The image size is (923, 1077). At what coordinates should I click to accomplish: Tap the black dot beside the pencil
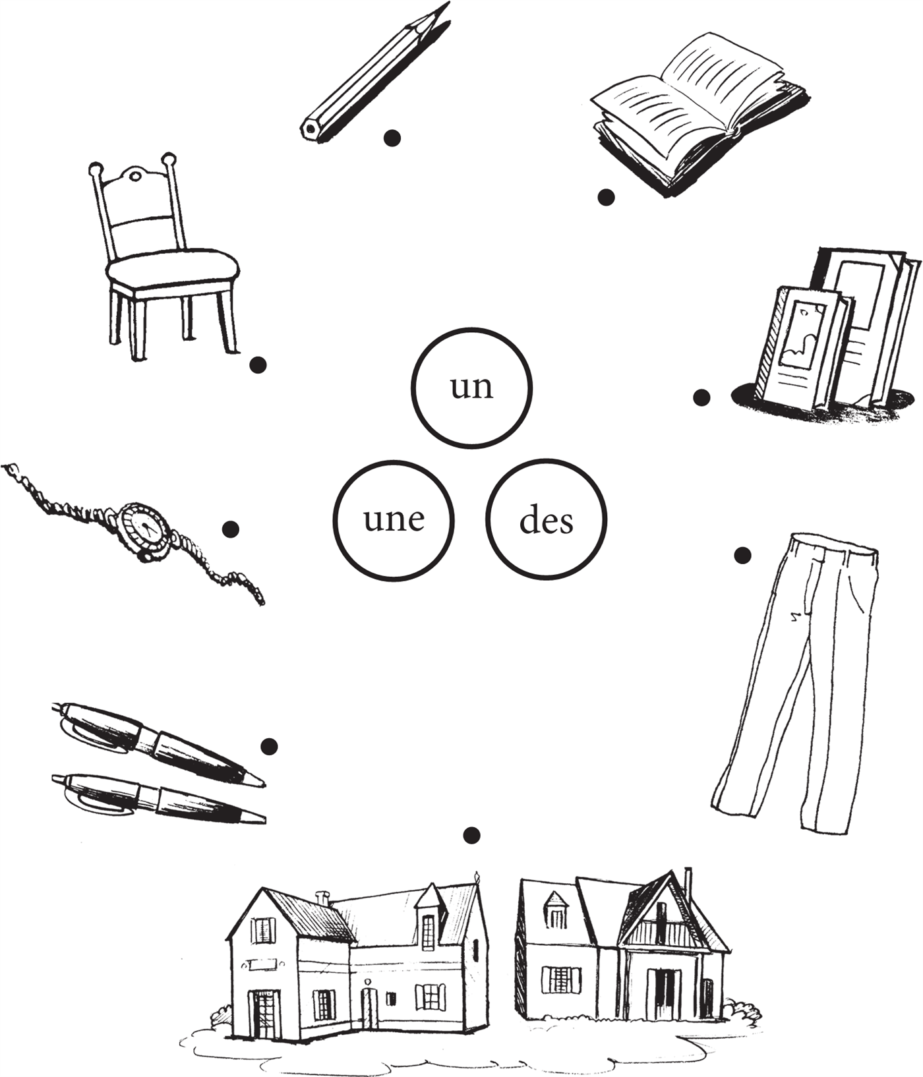(392, 137)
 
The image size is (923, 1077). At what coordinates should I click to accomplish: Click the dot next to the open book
(606, 196)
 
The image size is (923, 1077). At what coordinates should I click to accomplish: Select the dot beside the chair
(258, 364)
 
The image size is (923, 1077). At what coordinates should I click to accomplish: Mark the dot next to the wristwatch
(231, 529)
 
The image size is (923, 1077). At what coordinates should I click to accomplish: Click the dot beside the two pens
(269, 746)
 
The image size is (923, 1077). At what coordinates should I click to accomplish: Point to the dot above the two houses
(471, 835)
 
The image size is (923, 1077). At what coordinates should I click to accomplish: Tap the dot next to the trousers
(742, 555)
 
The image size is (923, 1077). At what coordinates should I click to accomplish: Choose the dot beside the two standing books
(701, 397)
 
